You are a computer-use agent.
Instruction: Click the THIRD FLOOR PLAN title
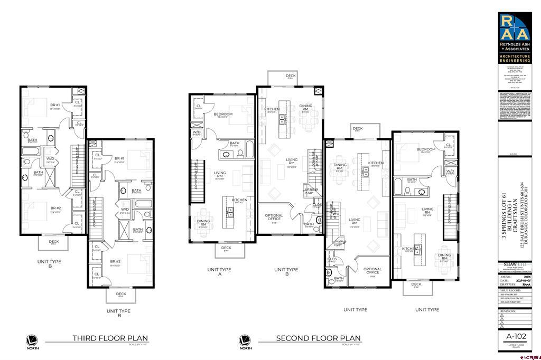click(x=110, y=338)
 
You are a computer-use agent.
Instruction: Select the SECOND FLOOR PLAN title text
click(x=318, y=338)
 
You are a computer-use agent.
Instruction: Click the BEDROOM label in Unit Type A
click(x=223, y=114)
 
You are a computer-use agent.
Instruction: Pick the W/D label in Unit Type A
click(x=196, y=132)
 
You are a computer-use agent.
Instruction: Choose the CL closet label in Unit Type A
click(x=199, y=106)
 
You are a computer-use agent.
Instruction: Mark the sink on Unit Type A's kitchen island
click(x=230, y=211)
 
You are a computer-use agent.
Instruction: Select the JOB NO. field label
click(x=506, y=275)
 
